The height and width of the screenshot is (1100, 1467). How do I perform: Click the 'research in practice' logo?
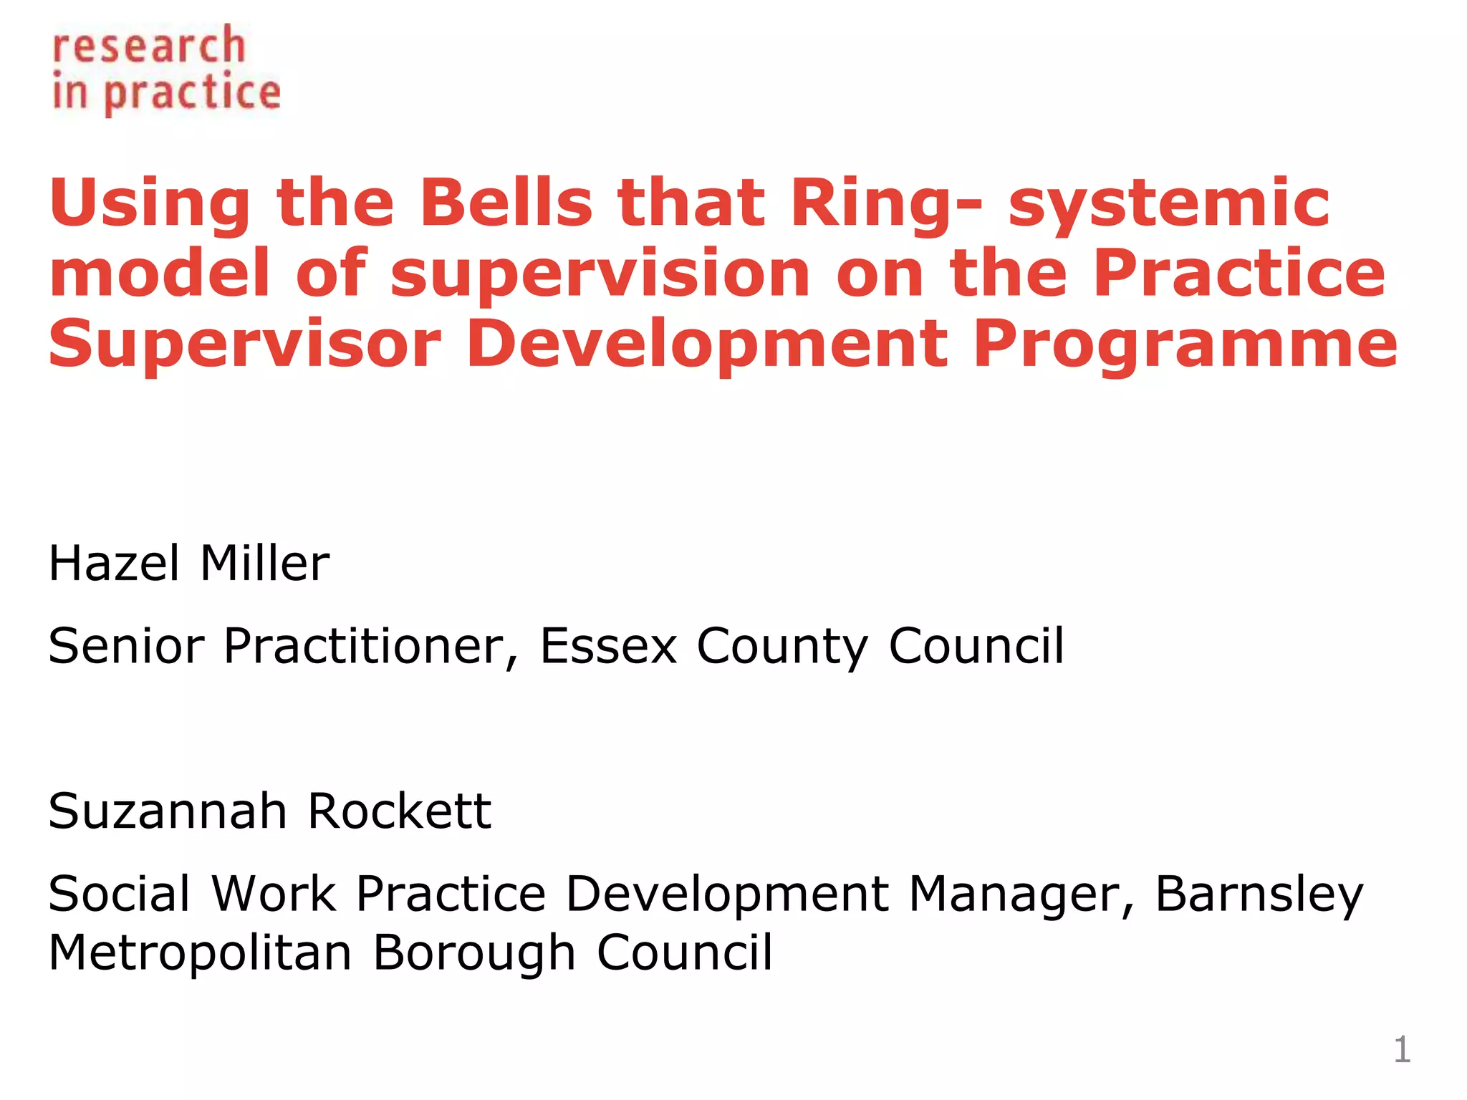[166, 69]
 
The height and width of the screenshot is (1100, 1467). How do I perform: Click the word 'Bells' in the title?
[506, 203]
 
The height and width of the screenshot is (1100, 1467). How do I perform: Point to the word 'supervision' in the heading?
[600, 274]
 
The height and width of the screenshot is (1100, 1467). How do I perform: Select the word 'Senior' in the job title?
[126, 646]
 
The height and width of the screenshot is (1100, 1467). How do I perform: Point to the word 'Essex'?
[608, 646]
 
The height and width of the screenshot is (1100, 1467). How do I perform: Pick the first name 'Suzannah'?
[168, 811]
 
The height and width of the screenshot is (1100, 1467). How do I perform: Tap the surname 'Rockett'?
[399, 811]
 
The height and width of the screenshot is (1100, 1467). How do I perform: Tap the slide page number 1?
[1402, 1050]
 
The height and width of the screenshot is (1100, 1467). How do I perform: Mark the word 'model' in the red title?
[160, 274]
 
